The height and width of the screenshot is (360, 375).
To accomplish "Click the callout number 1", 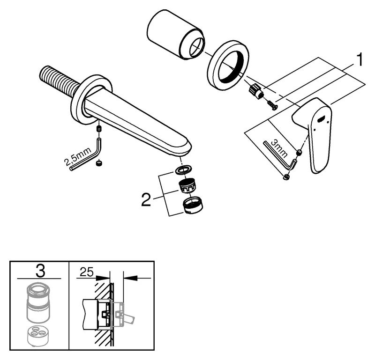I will point(359,59).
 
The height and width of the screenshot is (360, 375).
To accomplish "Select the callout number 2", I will point(146,201).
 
